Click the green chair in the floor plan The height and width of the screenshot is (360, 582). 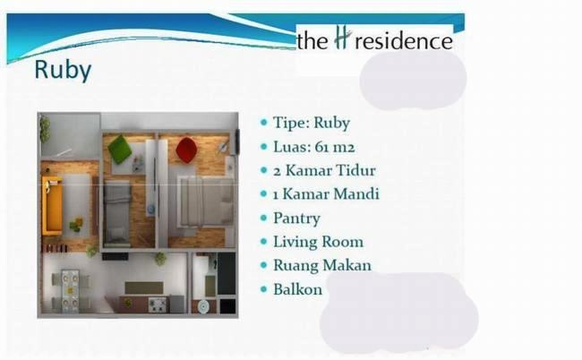click(x=120, y=150)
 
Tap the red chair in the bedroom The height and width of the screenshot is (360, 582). click(x=186, y=150)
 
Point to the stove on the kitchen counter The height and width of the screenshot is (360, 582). click(x=158, y=305)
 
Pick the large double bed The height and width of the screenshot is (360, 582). click(x=206, y=201)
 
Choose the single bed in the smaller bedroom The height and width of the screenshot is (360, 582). click(x=117, y=213)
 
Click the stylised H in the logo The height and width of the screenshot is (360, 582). click(x=341, y=39)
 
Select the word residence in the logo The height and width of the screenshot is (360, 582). click(x=404, y=41)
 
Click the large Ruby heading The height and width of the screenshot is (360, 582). click(x=63, y=70)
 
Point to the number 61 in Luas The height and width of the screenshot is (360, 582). click(x=321, y=147)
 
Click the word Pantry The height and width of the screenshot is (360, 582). click(x=296, y=219)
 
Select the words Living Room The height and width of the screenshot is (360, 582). click(x=318, y=242)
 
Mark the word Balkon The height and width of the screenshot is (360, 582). click(x=297, y=289)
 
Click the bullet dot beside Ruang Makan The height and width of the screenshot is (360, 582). click(x=264, y=265)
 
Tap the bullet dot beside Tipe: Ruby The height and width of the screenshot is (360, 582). click(x=264, y=123)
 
